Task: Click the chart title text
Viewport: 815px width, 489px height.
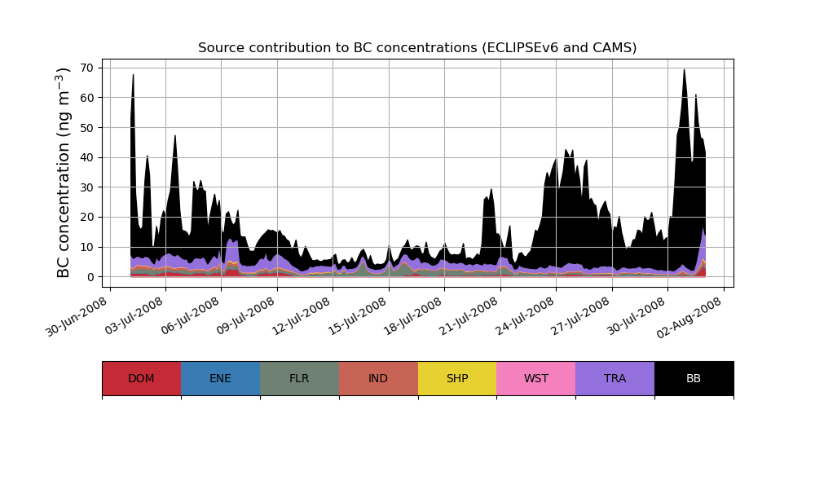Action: click(417, 48)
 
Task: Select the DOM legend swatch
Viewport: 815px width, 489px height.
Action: click(141, 378)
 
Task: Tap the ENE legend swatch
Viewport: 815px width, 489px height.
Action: click(220, 378)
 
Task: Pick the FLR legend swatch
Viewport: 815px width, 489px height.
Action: click(299, 378)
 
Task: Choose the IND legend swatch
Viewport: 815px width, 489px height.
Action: click(378, 378)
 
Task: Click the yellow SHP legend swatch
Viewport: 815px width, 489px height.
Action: click(457, 378)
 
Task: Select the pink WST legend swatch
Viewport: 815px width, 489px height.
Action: click(536, 378)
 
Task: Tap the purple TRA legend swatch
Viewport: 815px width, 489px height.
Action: click(615, 378)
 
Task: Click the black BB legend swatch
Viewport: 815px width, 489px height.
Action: click(694, 378)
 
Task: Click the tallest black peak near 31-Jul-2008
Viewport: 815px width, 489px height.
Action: click(684, 70)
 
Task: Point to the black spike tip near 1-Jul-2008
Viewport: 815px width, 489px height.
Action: click(134, 75)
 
